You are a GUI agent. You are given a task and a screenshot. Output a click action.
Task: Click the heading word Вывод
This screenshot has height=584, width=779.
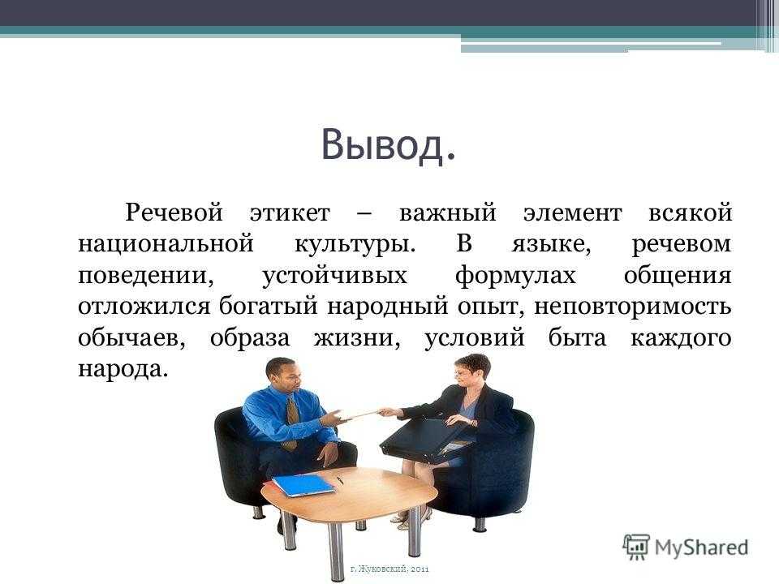point(388,145)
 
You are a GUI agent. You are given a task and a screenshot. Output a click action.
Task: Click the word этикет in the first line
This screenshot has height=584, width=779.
point(290,213)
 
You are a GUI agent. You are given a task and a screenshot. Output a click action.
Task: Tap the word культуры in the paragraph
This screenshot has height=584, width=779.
point(355,245)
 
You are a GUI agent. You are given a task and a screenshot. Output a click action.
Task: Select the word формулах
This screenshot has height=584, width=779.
point(515,276)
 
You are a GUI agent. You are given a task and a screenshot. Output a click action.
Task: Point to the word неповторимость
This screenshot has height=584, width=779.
point(632,307)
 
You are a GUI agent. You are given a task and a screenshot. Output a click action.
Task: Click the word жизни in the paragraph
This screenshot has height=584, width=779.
point(357,338)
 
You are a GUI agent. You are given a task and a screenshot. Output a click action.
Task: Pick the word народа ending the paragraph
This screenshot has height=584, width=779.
point(121,370)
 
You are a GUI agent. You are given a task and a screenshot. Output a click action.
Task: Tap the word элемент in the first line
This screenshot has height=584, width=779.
point(572,213)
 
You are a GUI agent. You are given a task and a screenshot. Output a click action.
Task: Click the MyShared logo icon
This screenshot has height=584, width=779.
point(636,547)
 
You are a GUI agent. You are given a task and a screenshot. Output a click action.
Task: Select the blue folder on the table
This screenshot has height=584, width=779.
point(303,485)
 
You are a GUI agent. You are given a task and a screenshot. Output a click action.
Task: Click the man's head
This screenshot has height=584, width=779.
point(283,376)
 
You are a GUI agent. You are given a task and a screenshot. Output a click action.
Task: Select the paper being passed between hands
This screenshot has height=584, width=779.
point(361,414)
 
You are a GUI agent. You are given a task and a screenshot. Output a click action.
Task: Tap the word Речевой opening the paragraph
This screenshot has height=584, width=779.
point(174,213)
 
